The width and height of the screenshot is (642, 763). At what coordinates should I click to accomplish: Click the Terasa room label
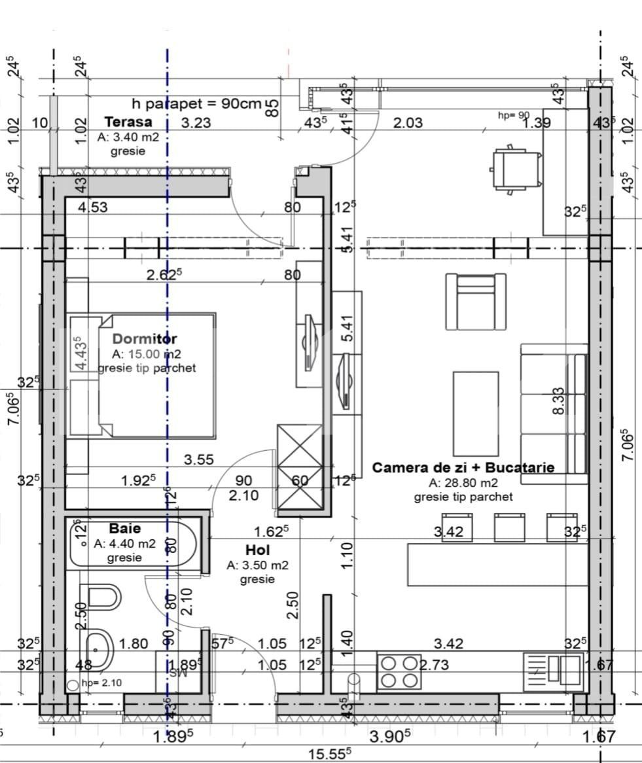[x=128, y=122]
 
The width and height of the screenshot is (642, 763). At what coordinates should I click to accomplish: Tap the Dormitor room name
[x=145, y=339]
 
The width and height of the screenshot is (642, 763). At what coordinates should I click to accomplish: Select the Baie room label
[x=124, y=528]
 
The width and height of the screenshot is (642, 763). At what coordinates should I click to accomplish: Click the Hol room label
[x=258, y=550]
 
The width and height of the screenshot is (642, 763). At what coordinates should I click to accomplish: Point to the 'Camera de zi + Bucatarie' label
[x=463, y=467]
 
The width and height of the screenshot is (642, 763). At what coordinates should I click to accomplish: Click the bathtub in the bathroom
[x=133, y=543]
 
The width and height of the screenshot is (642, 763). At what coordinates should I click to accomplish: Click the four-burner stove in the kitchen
[x=399, y=671]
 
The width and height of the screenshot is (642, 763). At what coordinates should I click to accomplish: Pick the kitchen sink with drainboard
[x=553, y=669]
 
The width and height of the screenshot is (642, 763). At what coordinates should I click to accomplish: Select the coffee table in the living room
[x=476, y=414]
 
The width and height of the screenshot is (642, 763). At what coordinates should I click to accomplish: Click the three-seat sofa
[x=554, y=414]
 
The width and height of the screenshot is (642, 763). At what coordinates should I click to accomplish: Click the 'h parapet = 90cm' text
[x=196, y=103]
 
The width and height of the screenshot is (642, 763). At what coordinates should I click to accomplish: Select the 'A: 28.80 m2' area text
[x=463, y=483]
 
